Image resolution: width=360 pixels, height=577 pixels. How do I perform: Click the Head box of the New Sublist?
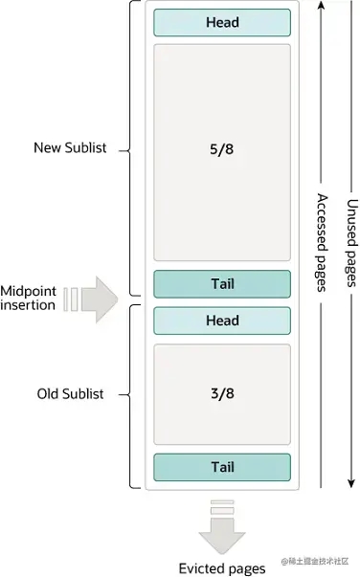pos(222,22)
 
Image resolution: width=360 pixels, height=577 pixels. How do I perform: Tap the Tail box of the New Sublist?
pos(222,284)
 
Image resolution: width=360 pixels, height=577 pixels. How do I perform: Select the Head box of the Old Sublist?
pos(222,321)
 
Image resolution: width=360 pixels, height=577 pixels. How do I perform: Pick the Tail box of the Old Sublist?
pos(222,467)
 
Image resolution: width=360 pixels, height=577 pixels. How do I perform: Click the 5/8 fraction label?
pos(221,149)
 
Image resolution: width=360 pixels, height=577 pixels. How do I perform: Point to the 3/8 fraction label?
pos(222,393)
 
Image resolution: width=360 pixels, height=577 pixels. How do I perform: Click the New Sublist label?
pos(70,147)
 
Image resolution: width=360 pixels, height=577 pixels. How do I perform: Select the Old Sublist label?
pos(70,393)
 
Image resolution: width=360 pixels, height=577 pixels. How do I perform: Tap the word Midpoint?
pos(29,291)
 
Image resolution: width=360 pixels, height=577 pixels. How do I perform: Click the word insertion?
pos(28,305)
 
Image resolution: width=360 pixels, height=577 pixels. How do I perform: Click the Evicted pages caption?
pos(222,568)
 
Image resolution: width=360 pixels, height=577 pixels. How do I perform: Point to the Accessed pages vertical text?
pos(322,243)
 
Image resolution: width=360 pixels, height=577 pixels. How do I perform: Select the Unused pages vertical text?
pos(352,243)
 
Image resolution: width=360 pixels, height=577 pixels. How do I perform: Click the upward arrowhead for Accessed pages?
pos(322,5)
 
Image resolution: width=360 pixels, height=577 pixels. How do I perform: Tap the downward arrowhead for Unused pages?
pos(351,483)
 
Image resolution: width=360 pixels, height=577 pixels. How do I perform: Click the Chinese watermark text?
pos(315,561)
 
